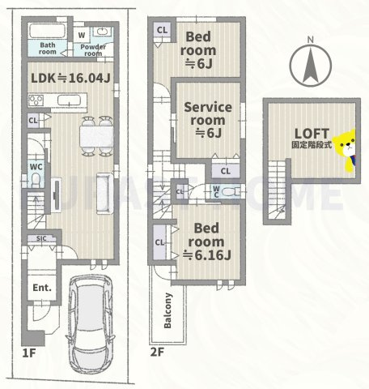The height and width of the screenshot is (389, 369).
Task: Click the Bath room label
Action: [48, 48]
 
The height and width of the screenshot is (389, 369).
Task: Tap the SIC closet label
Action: [40, 240]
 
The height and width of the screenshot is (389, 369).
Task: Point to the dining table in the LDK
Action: [97, 135]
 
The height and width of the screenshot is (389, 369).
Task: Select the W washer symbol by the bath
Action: [82, 34]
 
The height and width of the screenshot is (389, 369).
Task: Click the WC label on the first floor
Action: [36, 167]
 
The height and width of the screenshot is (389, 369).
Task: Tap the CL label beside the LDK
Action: [32, 121]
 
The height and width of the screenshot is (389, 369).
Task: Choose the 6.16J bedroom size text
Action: [206, 256]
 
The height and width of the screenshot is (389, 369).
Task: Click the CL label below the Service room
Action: [225, 171]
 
